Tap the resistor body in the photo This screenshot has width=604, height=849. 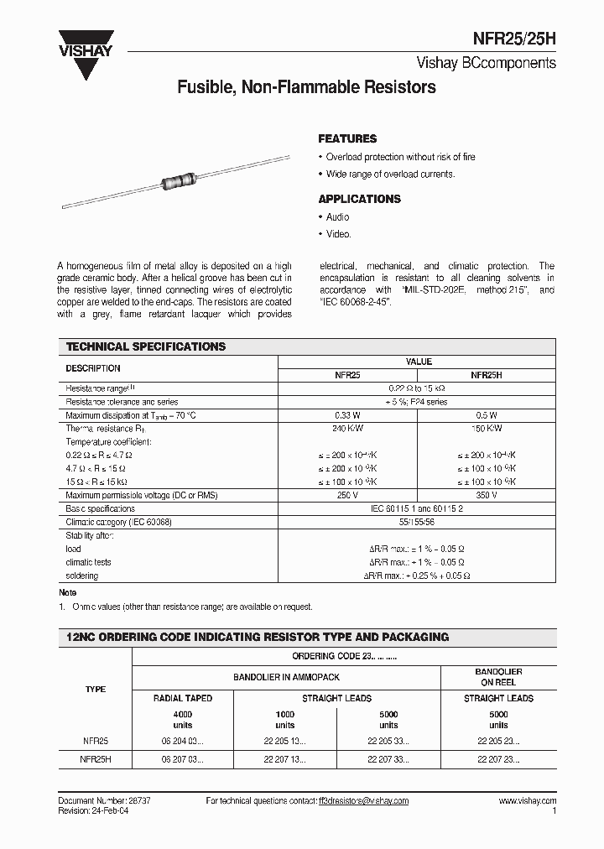(177, 179)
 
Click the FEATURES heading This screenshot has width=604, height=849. (347, 138)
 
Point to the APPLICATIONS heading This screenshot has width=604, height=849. (359, 199)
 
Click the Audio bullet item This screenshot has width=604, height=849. (337, 217)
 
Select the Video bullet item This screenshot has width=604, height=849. (338, 235)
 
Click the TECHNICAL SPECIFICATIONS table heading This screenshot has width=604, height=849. (146, 346)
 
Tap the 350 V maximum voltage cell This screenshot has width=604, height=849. (486, 495)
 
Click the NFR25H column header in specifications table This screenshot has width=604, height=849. (486, 377)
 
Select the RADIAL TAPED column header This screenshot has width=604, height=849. (183, 698)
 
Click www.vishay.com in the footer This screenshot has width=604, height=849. (528, 801)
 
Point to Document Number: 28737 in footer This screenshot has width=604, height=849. (105, 801)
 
